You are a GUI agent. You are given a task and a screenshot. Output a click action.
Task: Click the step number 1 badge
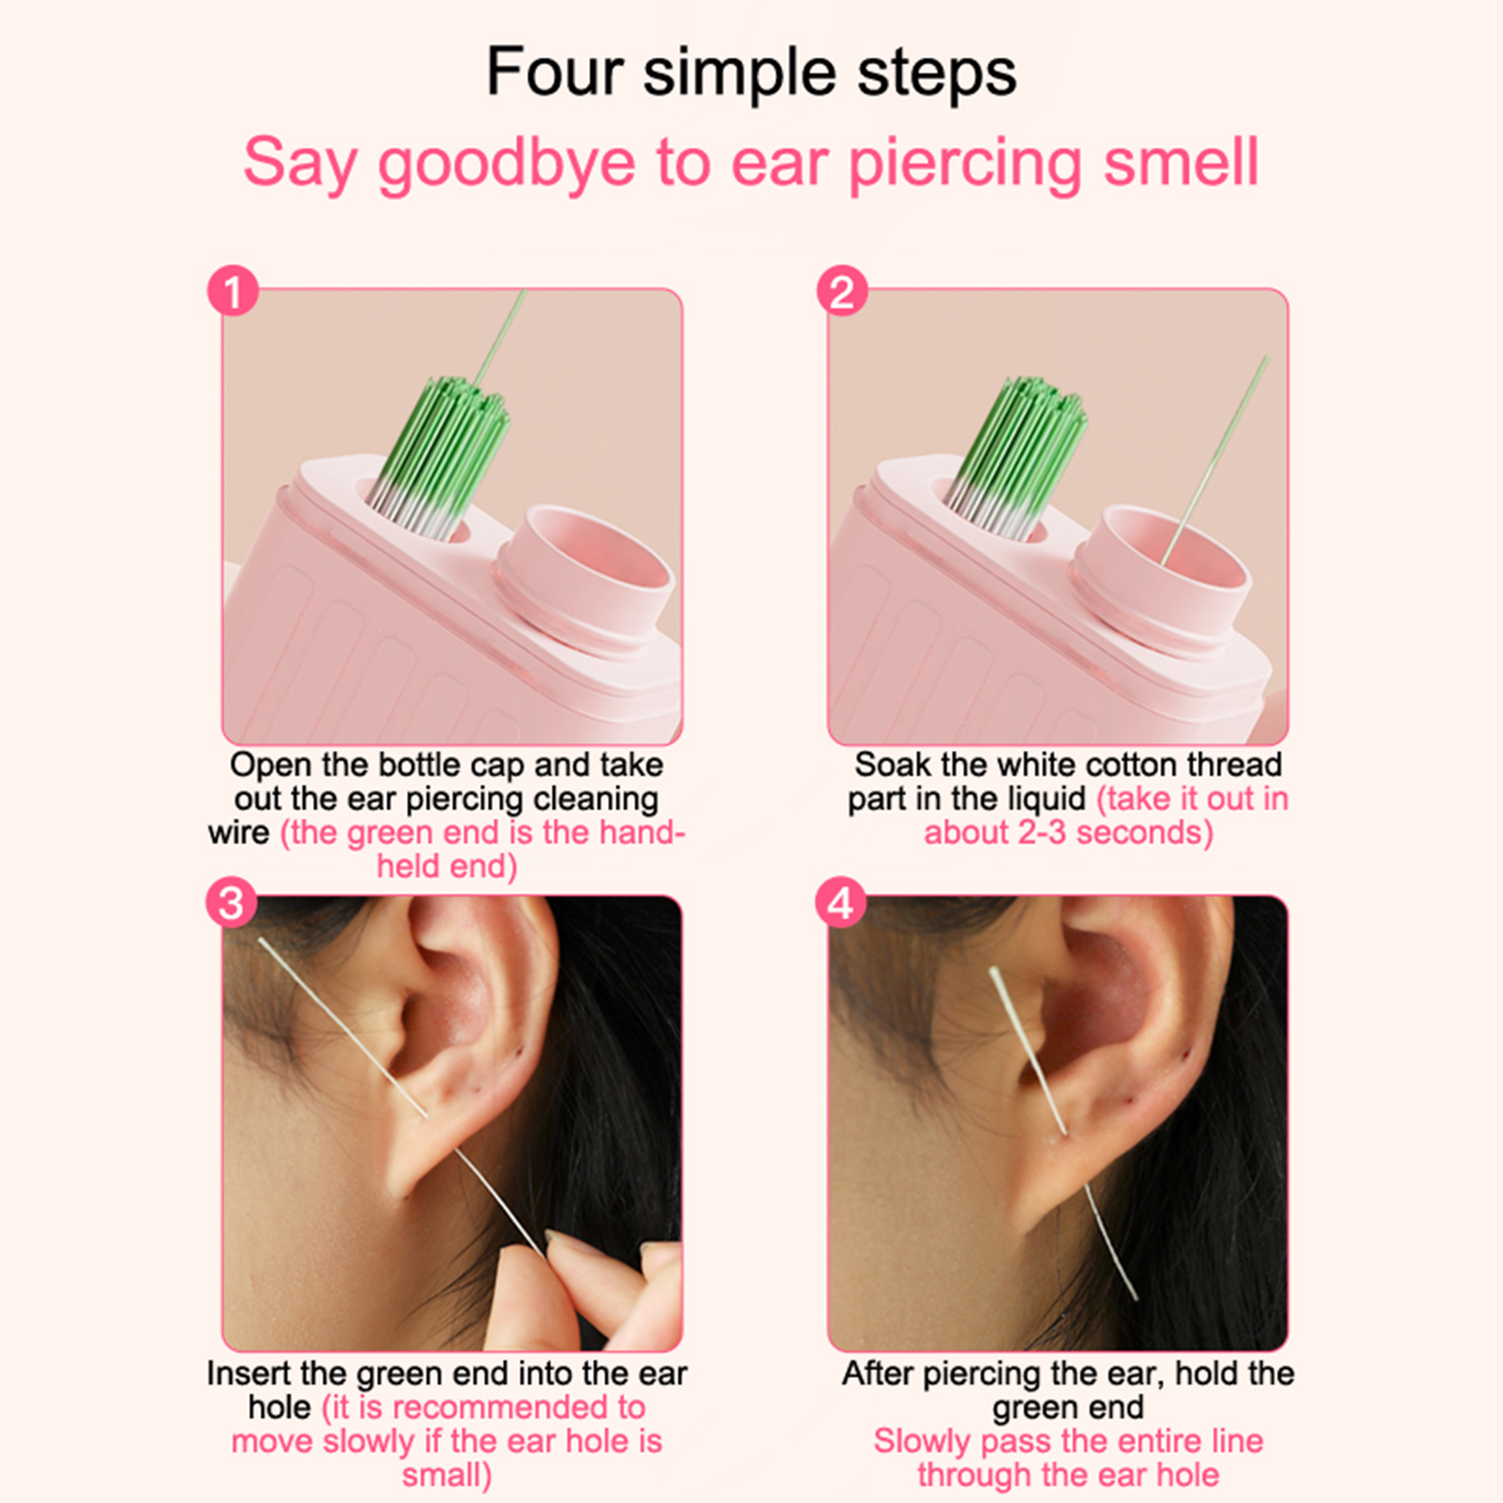233,291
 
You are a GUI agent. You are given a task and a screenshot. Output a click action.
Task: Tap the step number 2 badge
842,291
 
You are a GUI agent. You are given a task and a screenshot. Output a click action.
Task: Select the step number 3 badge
231,903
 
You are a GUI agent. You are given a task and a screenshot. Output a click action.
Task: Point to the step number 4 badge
841,903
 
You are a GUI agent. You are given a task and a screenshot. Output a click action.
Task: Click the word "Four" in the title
555,72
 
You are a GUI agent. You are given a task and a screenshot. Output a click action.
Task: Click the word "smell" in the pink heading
1181,162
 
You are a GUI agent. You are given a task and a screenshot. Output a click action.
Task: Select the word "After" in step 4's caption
878,1373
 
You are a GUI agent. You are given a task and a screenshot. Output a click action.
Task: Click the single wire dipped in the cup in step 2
1214,460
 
